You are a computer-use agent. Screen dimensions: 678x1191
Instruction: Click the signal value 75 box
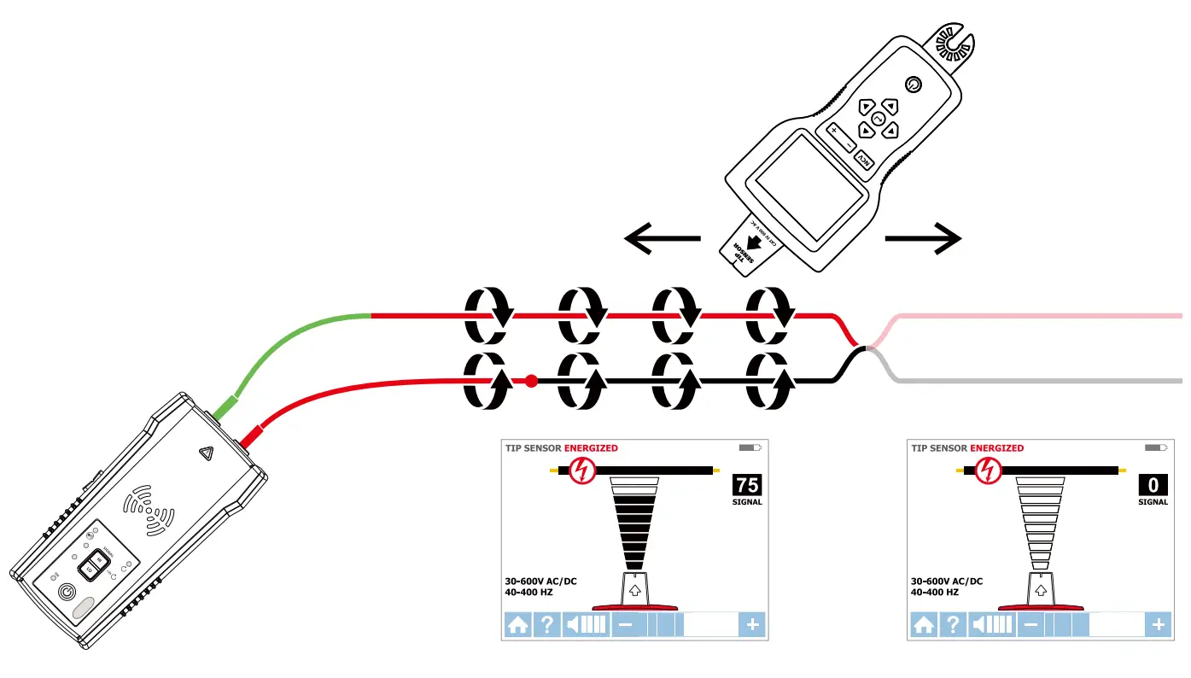tap(746, 485)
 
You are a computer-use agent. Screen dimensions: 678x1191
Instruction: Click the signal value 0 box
tap(1153, 485)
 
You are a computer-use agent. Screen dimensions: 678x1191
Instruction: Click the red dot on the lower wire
tap(531, 381)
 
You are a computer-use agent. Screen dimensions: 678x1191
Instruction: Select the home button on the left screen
tap(517, 625)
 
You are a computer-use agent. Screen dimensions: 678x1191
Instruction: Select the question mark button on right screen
tap(953, 625)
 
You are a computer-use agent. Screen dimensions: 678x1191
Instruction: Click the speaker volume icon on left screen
tap(586, 625)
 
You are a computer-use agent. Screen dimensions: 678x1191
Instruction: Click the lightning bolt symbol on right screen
tap(989, 471)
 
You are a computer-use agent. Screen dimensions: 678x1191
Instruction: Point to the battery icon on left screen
tap(749, 447)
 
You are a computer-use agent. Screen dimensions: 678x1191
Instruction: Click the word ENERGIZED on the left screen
tap(591, 448)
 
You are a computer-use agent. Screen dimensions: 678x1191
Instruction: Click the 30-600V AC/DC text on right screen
tap(947, 582)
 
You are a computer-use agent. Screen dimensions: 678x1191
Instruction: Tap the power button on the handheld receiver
tap(913, 84)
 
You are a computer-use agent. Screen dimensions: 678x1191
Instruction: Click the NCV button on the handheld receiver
tap(864, 161)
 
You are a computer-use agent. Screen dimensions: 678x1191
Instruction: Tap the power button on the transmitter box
tap(67, 591)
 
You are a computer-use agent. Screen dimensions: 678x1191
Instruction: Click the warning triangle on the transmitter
tap(206, 454)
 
